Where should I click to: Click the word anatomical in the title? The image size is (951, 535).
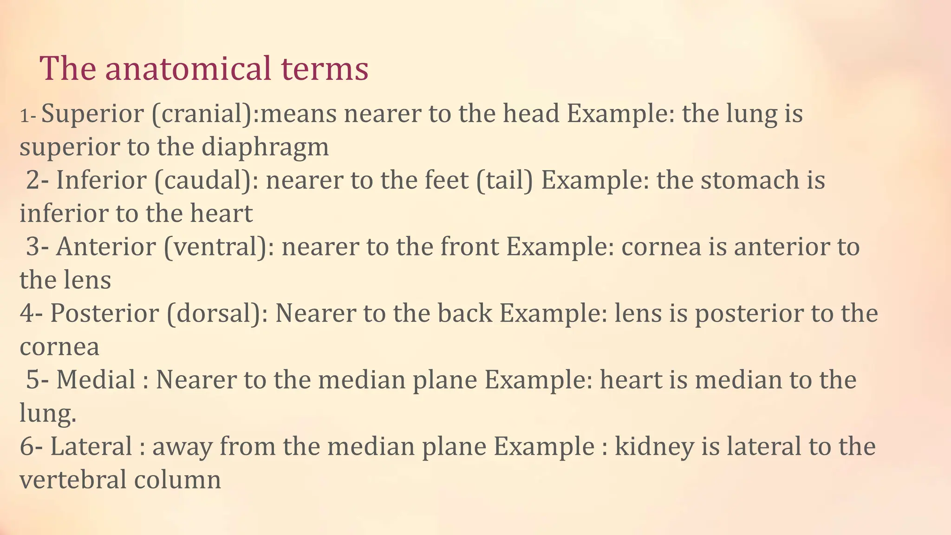(x=188, y=68)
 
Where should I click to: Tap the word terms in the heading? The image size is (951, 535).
(x=325, y=68)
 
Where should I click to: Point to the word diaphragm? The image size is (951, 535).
(x=265, y=147)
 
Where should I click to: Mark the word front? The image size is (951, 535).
(x=469, y=247)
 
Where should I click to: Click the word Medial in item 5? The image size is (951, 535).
(x=96, y=379)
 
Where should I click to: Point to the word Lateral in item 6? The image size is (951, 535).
(x=91, y=446)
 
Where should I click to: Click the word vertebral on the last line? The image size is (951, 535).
(x=73, y=479)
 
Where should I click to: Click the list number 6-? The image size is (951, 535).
(x=32, y=446)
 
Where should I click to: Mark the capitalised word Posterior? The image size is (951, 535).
(x=104, y=313)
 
